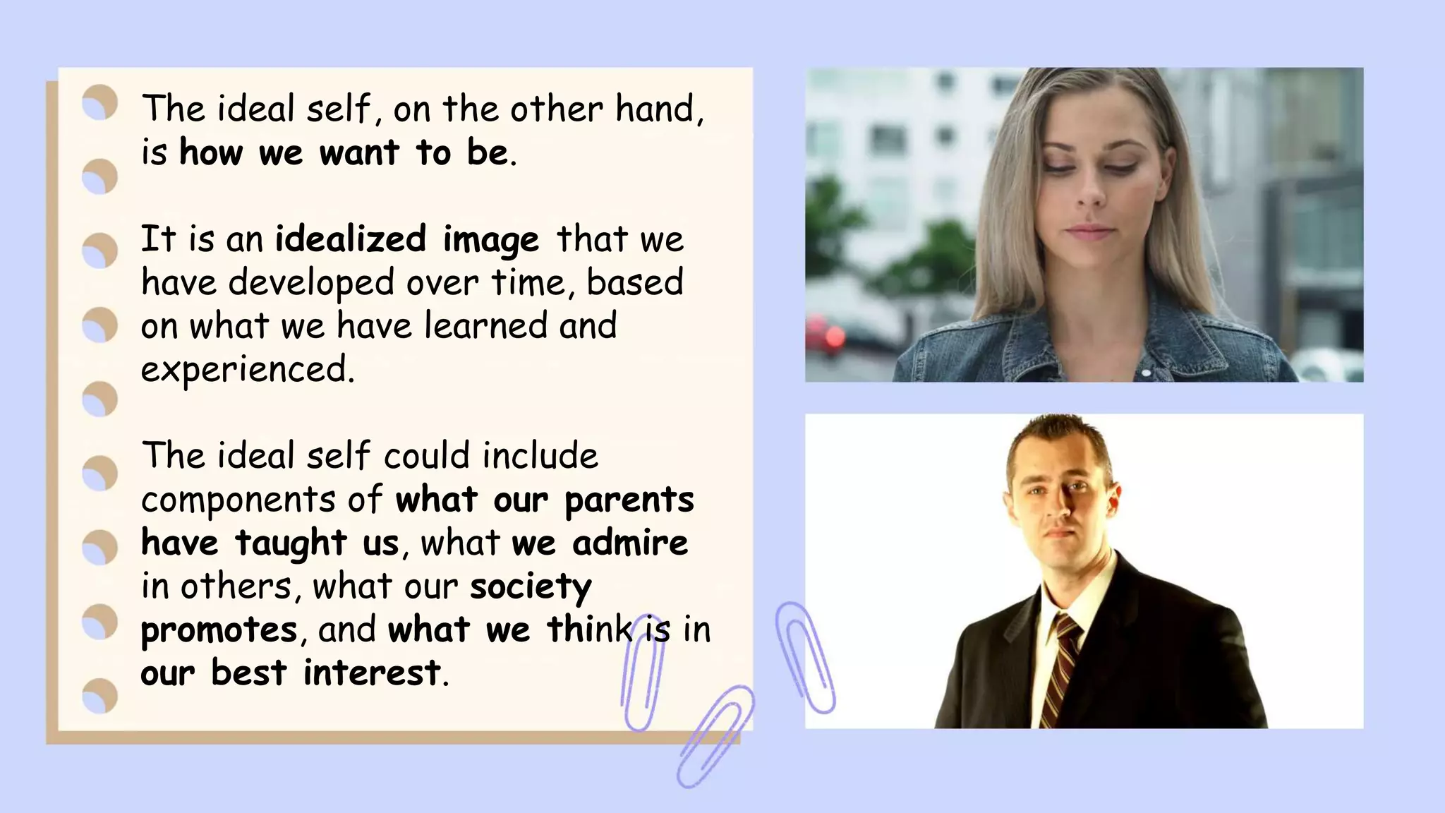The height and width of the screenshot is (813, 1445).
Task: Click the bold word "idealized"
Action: tap(350, 239)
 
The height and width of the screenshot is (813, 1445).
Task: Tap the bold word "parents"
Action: tap(629, 500)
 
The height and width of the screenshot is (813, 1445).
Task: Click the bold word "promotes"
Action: tap(219, 630)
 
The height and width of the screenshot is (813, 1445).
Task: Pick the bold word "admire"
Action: tap(630, 543)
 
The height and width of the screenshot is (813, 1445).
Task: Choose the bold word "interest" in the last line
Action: tap(372, 673)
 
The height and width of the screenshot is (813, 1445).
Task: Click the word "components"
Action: tap(238, 500)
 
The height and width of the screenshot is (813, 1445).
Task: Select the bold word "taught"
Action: tap(291, 543)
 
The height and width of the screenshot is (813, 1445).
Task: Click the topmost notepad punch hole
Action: tap(99, 103)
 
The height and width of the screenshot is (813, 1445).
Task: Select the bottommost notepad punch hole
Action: tap(99, 696)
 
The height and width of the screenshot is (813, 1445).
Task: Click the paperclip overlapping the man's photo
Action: tap(806, 656)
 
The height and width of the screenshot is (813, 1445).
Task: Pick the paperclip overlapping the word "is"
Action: tap(642, 670)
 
